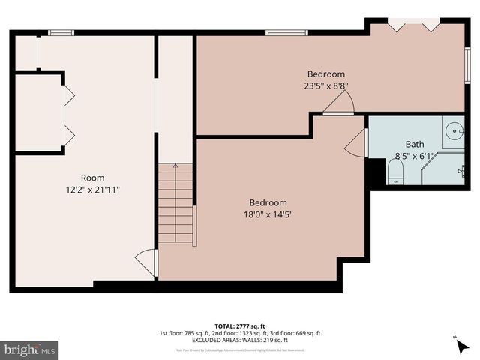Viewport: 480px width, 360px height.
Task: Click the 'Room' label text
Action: click(x=92, y=178)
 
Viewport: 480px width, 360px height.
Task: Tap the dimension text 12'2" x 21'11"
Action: click(x=92, y=190)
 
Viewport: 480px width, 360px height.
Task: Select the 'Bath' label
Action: click(x=415, y=144)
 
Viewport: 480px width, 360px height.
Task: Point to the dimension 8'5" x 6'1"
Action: click(x=415, y=156)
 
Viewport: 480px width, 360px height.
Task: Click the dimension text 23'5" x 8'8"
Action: click(x=326, y=85)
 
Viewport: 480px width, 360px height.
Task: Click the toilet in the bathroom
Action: click(x=395, y=173)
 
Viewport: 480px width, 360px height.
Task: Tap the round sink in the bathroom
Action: click(x=454, y=132)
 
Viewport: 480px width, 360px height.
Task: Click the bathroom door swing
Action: click(x=357, y=142)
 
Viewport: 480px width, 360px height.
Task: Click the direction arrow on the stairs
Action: click(x=175, y=166)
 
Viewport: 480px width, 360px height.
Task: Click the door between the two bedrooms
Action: click(x=339, y=106)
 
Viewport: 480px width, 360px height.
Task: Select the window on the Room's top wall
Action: click(x=61, y=32)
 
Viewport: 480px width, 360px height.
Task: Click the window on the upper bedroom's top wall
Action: click(x=280, y=32)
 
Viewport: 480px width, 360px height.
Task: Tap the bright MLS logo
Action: click(x=30, y=349)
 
